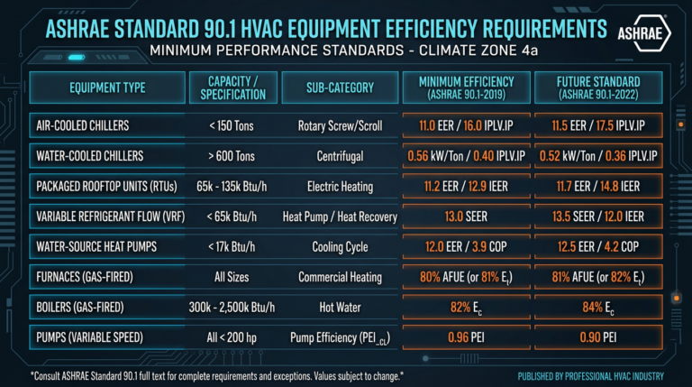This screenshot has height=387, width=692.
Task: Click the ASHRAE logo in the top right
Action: coord(643,32)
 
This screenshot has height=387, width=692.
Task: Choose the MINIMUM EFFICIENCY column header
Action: coord(465,88)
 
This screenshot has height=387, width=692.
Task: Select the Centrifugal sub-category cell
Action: coord(334,156)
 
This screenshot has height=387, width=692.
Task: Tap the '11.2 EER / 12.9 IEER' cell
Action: coord(465,186)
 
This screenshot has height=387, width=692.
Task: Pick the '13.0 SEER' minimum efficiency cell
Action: coord(465,216)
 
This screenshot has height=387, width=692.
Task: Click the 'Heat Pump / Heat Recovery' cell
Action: coord(334,216)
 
